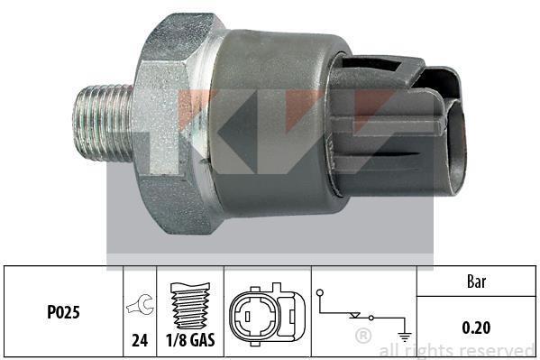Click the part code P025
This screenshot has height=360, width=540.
tap(63, 312)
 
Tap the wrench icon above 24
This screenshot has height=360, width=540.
tap(140, 304)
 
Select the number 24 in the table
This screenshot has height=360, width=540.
tap(140, 341)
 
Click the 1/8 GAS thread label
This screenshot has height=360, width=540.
tap(190, 340)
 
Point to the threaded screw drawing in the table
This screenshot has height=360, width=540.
tap(190, 306)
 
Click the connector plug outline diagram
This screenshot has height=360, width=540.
tap(267, 315)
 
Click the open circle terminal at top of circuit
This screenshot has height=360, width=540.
tap(320, 293)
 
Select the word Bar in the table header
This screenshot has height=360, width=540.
tap(477, 282)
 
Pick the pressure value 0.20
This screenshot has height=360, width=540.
tap(476, 328)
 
